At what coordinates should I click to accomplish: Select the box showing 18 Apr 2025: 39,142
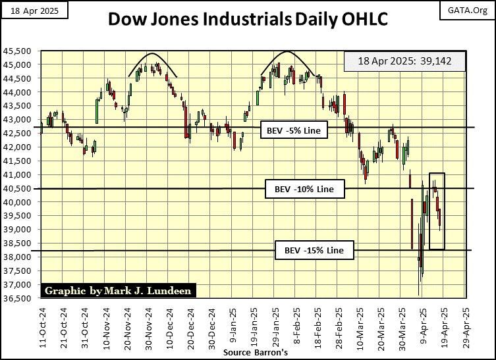tap(404, 62)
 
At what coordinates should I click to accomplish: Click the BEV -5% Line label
tap(294, 130)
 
